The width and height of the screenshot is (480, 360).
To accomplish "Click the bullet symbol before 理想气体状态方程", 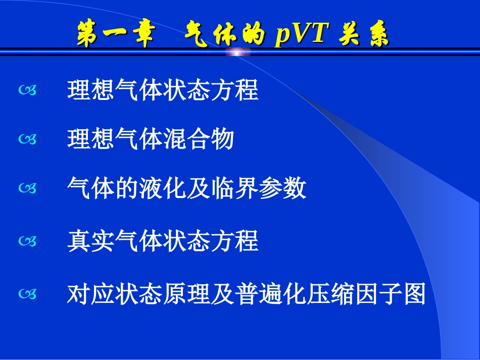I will point(28,91).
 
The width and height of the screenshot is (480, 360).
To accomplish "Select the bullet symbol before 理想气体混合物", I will point(28,140).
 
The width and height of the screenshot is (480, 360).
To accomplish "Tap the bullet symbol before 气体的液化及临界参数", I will point(28,189).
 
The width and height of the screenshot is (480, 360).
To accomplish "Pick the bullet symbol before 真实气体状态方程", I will point(28,242).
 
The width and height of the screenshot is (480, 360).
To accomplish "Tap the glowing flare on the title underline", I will point(239,52).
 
